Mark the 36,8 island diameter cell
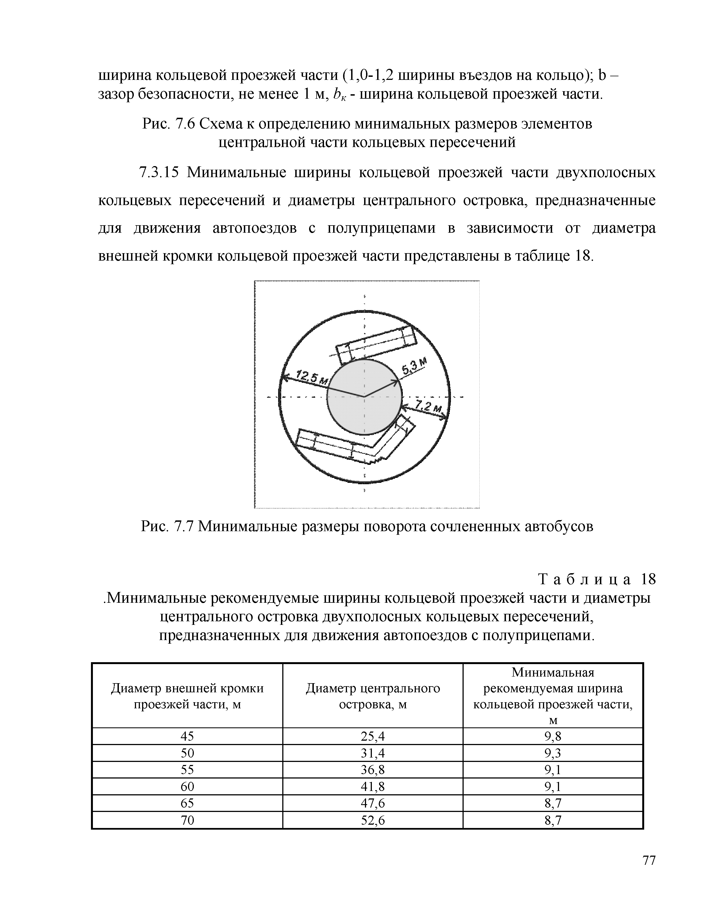point(373,770)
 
